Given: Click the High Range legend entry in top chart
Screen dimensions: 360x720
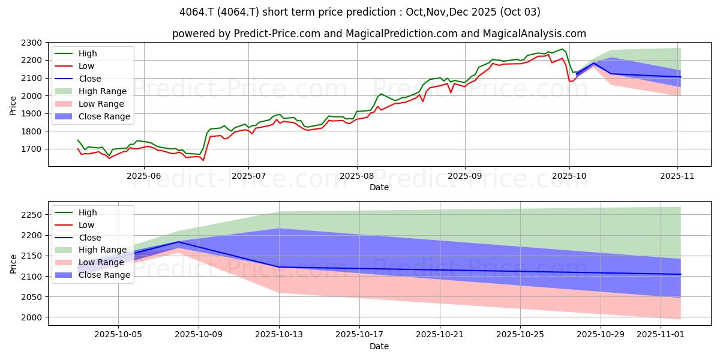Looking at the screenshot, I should click(102, 91).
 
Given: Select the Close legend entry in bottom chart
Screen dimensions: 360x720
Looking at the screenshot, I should click(90, 238).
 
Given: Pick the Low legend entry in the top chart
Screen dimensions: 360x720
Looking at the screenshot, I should click(87, 66).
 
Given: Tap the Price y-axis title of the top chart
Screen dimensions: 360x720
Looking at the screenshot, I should click(13, 105).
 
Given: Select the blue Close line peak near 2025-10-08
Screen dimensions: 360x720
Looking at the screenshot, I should click(178, 242).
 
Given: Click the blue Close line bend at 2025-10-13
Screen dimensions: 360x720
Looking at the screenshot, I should click(279, 267).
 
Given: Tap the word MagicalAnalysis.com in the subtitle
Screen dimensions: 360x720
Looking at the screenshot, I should click(539, 34).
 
